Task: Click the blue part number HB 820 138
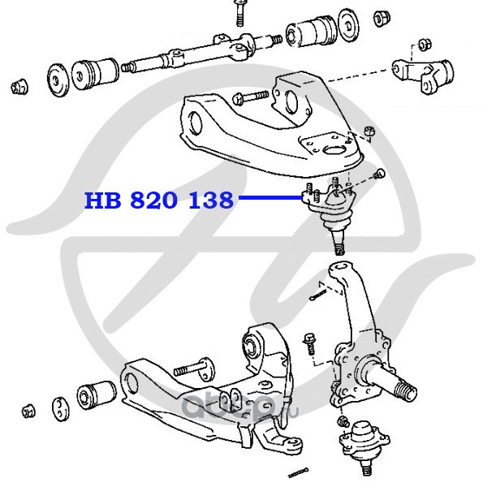159,200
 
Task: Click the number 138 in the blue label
211,200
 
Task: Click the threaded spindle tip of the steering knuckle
405,393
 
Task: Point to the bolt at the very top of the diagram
239,12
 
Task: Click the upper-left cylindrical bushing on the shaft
95,75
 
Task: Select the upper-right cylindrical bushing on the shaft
312,31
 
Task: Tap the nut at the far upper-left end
20,86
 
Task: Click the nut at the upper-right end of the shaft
382,19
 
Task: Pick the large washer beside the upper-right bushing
348,25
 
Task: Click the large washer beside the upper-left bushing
58,80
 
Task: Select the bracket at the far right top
422,75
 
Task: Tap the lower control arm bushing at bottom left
97,395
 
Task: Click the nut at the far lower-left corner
28,412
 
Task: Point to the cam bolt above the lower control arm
194,368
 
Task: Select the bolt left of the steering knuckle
309,344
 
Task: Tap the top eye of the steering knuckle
341,270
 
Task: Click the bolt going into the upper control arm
250,97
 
